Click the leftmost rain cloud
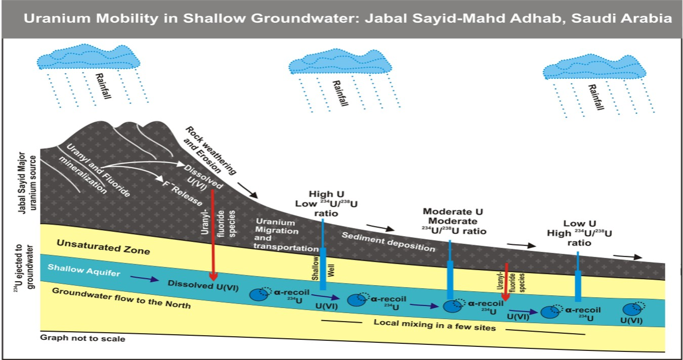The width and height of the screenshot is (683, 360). (x=89, y=58)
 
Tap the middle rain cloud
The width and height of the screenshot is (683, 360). (x=340, y=63)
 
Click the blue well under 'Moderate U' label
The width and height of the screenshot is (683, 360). (x=450, y=278)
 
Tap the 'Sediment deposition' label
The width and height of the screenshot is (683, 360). (x=388, y=242)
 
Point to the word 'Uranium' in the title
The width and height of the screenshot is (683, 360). (x=56, y=19)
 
